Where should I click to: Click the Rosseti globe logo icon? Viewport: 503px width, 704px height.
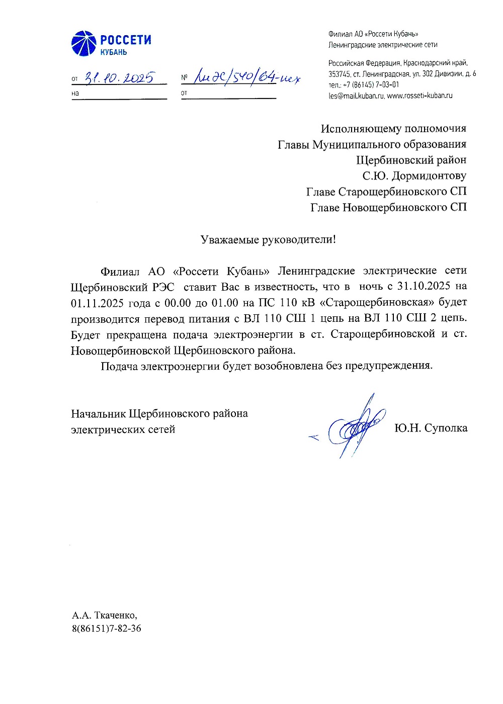pos(83,43)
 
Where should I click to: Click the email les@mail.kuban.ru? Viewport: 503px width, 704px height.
pos(356,96)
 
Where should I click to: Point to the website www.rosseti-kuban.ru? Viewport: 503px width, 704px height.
pos(420,96)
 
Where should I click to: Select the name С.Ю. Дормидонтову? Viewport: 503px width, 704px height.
pos(414,175)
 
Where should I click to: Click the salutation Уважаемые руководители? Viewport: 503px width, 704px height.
pos(268,239)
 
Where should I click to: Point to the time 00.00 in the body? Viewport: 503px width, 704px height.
pos(178,302)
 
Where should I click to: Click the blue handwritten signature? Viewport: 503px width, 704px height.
pos(354,427)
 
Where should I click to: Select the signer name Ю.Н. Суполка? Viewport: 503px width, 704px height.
pos(431,428)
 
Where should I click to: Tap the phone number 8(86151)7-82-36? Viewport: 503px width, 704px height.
pos(106,629)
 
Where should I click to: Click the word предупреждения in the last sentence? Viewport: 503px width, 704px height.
pos(388,366)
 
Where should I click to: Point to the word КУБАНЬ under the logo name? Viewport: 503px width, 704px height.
pos(114,52)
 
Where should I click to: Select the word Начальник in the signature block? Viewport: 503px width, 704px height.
pos(98,413)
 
